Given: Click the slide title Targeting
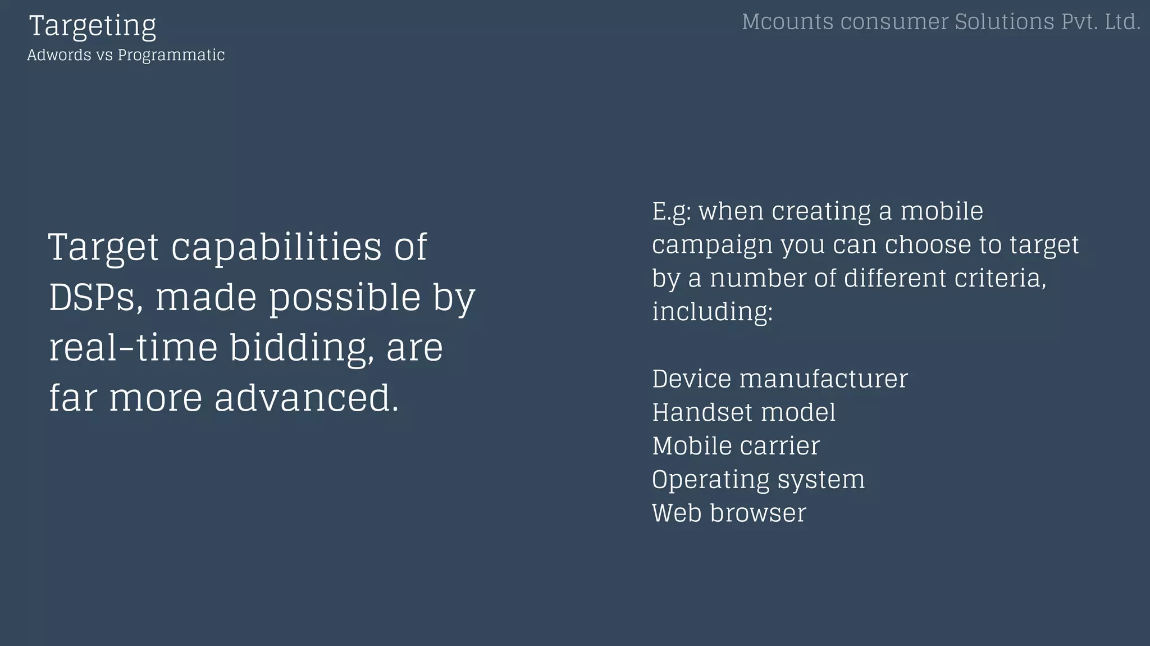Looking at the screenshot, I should tap(93, 26).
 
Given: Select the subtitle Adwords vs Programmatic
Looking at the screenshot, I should tap(126, 55).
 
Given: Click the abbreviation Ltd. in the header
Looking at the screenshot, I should tap(1122, 22).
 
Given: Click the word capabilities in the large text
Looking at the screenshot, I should tap(276, 247).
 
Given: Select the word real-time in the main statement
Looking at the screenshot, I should tap(133, 347).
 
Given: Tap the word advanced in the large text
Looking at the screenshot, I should tap(306, 398).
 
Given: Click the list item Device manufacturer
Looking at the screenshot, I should tap(779, 379).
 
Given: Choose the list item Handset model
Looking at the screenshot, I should tap(743, 412).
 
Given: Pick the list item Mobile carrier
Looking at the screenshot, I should tap(736, 446).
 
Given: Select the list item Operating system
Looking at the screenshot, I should tap(758, 480).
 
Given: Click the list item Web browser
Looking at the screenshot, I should tap(729, 513).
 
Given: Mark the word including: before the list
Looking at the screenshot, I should tap(712, 312).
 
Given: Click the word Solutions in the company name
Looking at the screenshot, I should tap(1004, 22).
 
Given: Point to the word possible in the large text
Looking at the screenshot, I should tap(345, 297).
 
